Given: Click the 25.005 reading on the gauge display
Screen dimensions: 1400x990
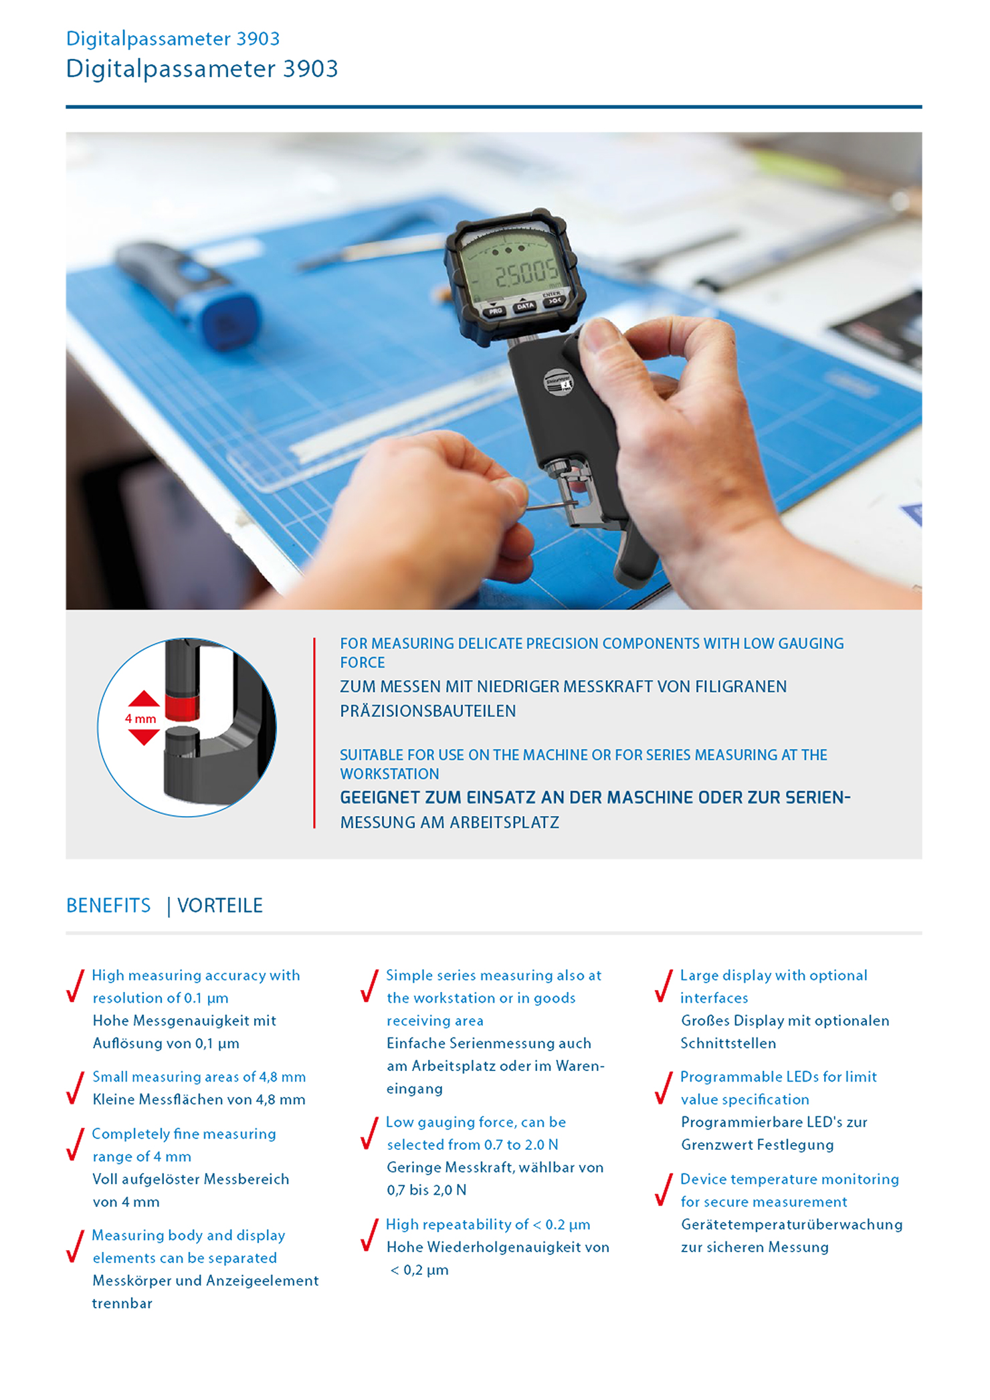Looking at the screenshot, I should [526, 273].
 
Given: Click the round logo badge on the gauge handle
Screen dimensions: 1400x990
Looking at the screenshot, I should [557, 383].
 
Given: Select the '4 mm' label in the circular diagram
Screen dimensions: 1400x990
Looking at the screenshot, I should [140, 719].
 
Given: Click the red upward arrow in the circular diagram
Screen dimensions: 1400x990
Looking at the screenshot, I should [144, 700].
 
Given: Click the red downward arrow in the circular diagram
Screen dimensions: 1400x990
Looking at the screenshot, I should [144, 737].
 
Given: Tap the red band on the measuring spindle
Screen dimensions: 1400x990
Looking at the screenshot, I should [182, 706].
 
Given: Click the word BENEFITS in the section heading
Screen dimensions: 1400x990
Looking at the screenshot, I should [108, 906].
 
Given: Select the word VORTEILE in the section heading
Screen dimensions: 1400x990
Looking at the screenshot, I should [220, 906].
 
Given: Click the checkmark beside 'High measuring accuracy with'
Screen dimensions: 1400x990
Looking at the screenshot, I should [76, 986].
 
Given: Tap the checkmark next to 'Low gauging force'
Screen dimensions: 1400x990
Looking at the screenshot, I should [369, 1133].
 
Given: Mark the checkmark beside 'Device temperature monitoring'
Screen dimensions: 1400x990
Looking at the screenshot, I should [664, 1190].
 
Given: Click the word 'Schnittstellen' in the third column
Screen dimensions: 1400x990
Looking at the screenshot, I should [728, 1043].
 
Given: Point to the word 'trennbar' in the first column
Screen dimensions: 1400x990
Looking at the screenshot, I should [122, 1303].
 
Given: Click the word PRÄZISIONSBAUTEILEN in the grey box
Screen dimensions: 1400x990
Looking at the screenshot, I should [428, 711].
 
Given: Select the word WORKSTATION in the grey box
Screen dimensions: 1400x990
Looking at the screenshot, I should [389, 774].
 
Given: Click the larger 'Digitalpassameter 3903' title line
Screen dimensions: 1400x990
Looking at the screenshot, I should [202, 69].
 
